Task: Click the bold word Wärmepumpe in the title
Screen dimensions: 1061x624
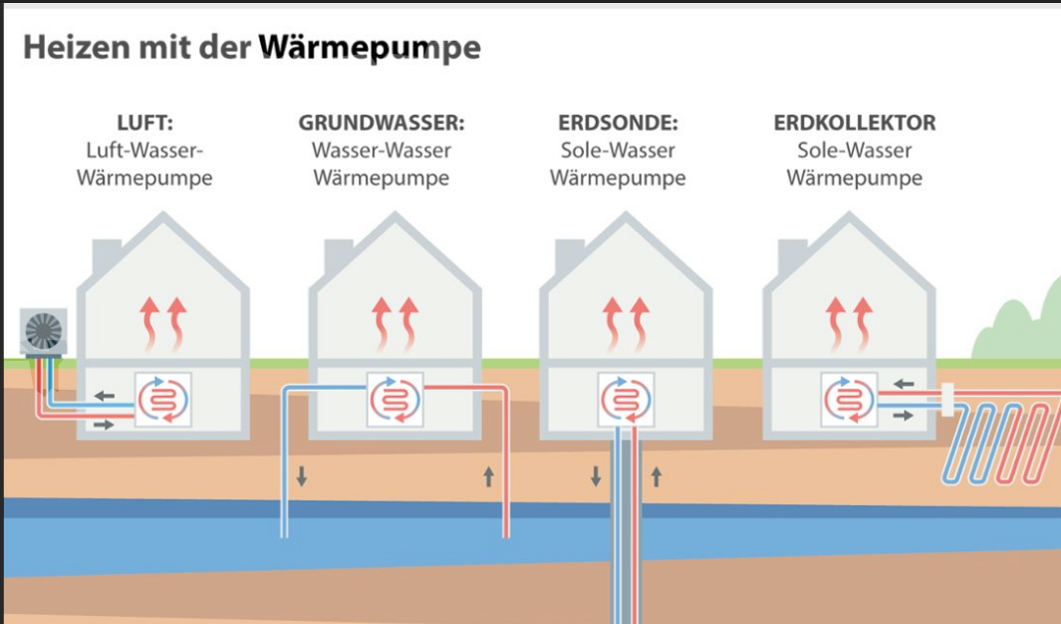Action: (x=370, y=48)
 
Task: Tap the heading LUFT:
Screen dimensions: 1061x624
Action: (x=144, y=123)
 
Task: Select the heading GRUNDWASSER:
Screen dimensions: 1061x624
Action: (x=382, y=123)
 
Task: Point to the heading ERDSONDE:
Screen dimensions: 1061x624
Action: (x=618, y=123)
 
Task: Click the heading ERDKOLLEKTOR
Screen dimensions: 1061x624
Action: (x=855, y=123)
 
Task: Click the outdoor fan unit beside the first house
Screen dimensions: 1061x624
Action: (x=43, y=332)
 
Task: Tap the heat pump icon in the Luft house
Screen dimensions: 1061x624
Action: (x=163, y=400)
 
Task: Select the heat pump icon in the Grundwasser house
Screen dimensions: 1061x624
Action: (x=396, y=400)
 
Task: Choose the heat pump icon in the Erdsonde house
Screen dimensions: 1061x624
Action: (x=626, y=400)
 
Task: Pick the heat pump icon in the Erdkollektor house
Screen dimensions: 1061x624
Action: (x=849, y=400)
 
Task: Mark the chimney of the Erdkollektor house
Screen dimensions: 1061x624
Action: (x=791, y=256)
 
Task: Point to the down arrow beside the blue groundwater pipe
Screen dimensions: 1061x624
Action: (x=302, y=475)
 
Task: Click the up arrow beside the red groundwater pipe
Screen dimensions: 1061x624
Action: (x=488, y=475)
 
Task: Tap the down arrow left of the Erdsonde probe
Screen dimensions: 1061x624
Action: (x=596, y=475)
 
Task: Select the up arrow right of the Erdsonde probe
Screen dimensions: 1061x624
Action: (x=657, y=475)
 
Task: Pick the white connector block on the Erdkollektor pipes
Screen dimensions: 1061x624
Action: (x=948, y=400)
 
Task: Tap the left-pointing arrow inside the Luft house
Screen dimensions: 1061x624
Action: (x=105, y=396)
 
